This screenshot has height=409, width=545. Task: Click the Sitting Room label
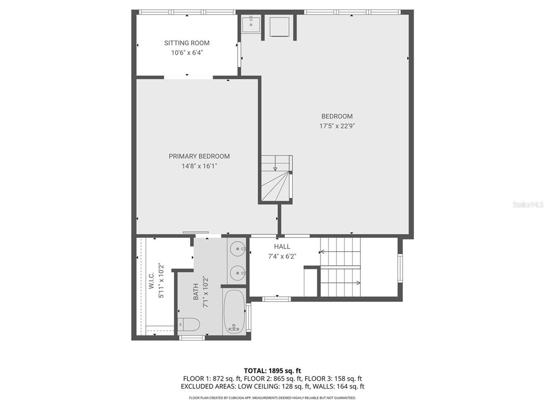point(187,43)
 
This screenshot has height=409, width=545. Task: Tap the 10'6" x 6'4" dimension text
point(187,53)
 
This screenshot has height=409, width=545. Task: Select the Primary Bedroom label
point(199,157)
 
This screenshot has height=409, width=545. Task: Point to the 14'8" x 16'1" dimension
point(199,166)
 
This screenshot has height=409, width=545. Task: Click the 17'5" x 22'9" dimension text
point(337,126)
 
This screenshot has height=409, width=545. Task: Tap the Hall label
point(282,247)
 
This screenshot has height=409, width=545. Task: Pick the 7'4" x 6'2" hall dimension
point(282,256)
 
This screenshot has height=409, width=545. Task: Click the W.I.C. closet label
point(151,281)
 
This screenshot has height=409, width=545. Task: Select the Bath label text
point(196,291)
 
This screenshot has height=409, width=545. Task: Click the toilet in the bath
point(189,324)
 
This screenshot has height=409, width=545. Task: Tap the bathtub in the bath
point(234,311)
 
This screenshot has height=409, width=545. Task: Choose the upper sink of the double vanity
point(237,249)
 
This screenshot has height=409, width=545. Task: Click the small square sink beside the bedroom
point(251,23)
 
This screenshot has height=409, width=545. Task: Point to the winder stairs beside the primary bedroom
point(276,178)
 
